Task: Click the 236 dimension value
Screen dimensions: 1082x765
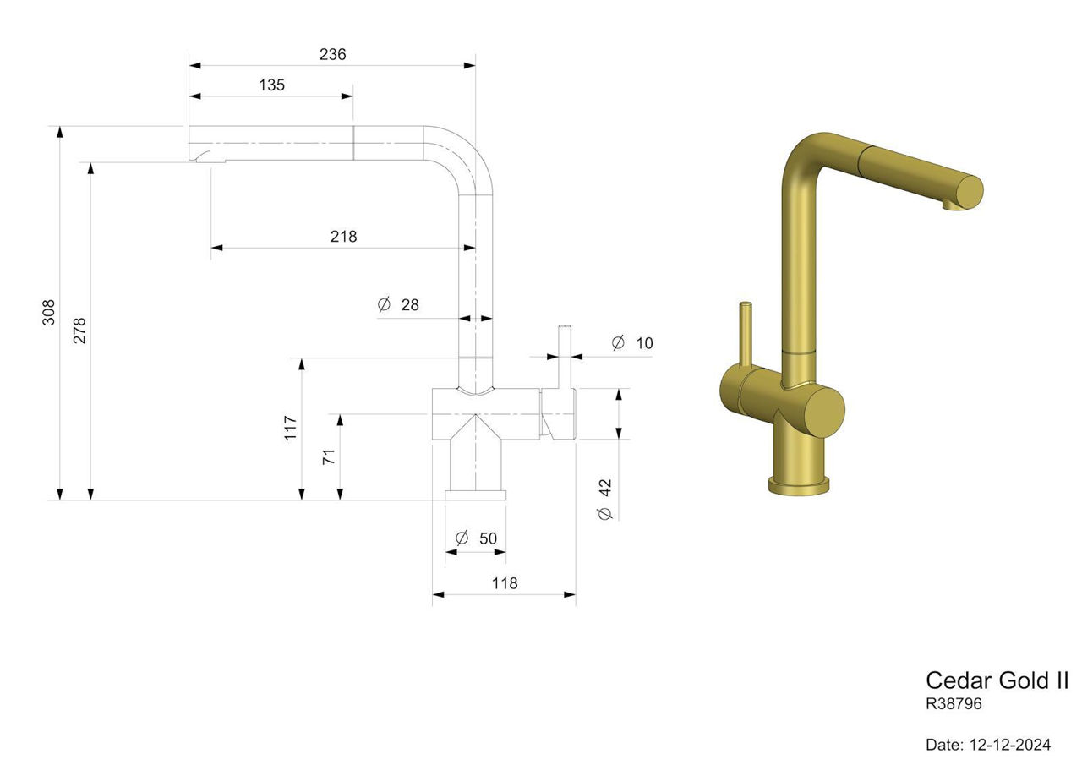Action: coord(332,54)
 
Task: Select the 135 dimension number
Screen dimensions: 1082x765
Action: coord(271,85)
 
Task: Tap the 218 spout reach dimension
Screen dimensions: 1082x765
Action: coord(343,236)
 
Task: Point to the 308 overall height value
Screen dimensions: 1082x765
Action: coord(49,312)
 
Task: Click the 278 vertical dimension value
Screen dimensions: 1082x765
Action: coord(79,331)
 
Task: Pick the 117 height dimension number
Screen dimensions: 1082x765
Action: coord(290,428)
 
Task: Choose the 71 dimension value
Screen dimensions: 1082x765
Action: coord(329,456)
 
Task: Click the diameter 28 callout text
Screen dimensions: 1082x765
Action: coord(398,304)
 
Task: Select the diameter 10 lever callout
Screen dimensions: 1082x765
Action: coord(632,343)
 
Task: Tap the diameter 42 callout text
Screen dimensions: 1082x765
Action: coord(604,500)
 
